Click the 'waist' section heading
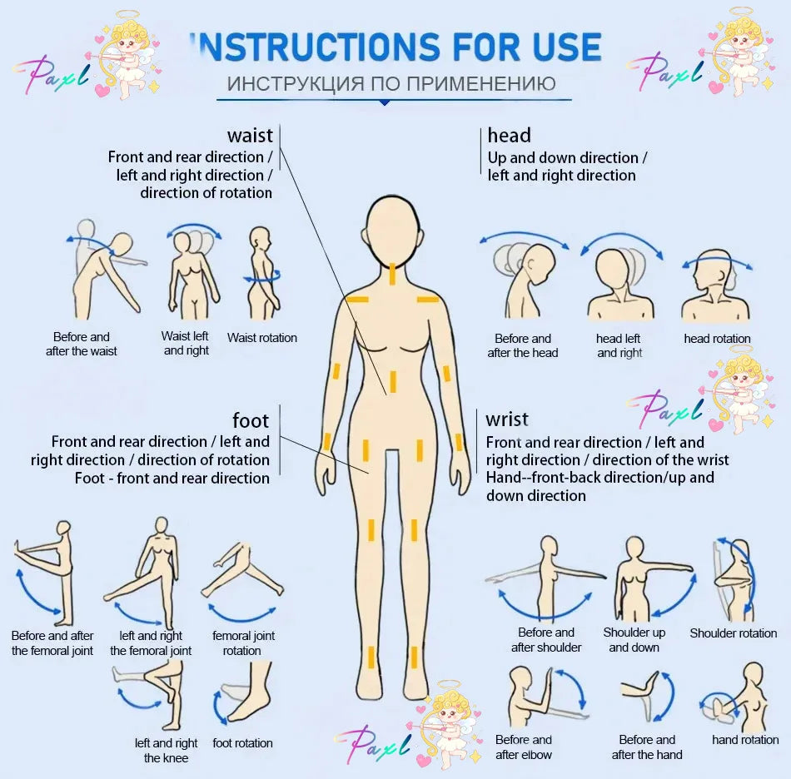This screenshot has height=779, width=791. pos(250,136)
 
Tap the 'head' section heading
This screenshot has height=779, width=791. pos(509,136)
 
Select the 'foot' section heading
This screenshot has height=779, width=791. pos(251,420)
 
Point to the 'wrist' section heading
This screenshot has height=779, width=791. pos(507,419)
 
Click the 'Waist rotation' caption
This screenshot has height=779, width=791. pos(261,338)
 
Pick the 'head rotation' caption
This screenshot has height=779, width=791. pos(717,339)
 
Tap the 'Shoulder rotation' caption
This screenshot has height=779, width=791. pos(733,633)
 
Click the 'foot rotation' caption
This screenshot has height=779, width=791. pos(242,742)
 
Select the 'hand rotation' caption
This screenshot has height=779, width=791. pos(745,740)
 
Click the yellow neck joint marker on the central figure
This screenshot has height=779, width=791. pos(392,275)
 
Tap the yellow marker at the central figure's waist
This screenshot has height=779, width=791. pos(392,382)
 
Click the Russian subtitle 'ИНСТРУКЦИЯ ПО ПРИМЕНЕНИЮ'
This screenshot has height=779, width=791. pos(391,84)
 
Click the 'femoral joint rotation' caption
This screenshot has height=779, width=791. pos(243,643)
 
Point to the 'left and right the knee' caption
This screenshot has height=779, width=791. pos(166,750)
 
